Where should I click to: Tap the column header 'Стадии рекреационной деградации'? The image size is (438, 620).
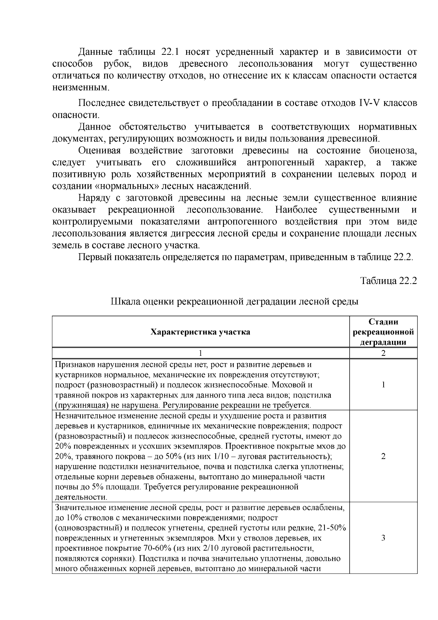[383, 332]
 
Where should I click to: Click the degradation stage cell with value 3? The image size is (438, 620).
[383, 538]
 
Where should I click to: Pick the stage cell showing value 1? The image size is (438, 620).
[383, 385]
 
